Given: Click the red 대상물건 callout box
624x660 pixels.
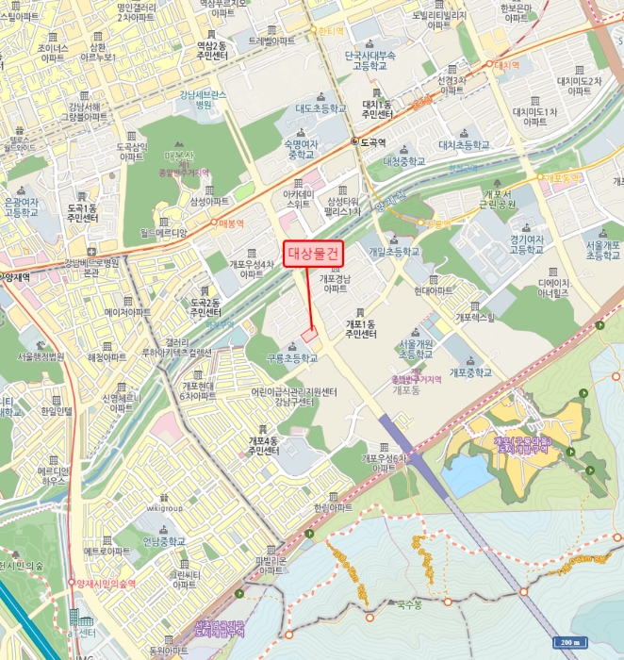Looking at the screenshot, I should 312,253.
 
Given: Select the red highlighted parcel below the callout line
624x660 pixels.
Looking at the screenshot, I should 310,335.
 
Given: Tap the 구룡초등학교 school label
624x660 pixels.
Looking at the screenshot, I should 287,358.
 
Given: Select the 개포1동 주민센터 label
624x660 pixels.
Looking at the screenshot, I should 360,328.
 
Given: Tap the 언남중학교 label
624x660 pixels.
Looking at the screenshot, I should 164,541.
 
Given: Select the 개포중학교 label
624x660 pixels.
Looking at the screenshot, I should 471,372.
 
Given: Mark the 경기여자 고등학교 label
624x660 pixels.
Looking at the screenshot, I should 529,246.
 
